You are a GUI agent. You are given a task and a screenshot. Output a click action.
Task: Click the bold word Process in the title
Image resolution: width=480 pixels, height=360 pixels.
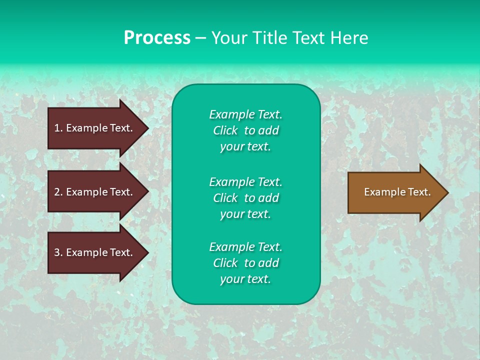[157, 37]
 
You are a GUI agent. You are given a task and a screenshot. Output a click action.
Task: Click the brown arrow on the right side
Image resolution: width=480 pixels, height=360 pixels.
[390, 192]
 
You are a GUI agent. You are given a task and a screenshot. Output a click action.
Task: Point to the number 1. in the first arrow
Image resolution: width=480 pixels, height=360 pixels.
[58, 128]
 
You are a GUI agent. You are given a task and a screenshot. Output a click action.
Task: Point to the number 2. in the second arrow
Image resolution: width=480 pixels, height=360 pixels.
[58, 192]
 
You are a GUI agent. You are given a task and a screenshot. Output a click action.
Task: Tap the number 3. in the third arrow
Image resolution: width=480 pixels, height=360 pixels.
[58, 252]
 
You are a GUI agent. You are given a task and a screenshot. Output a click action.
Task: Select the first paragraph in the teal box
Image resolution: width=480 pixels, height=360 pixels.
[245, 130]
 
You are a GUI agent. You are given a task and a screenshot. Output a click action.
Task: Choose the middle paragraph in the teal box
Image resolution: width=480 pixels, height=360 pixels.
[245, 198]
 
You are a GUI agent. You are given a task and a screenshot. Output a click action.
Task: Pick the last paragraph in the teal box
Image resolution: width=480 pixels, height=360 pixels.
[245, 263]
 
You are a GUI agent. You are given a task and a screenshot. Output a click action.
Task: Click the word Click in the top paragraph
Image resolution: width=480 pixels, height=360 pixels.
[225, 130]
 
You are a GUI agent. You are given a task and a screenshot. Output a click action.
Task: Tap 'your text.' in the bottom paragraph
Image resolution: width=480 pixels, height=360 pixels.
[245, 279]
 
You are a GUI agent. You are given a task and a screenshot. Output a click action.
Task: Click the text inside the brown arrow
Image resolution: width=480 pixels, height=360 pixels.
[397, 192]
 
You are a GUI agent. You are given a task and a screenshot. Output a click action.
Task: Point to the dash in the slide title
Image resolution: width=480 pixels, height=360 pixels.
[200, 38]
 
